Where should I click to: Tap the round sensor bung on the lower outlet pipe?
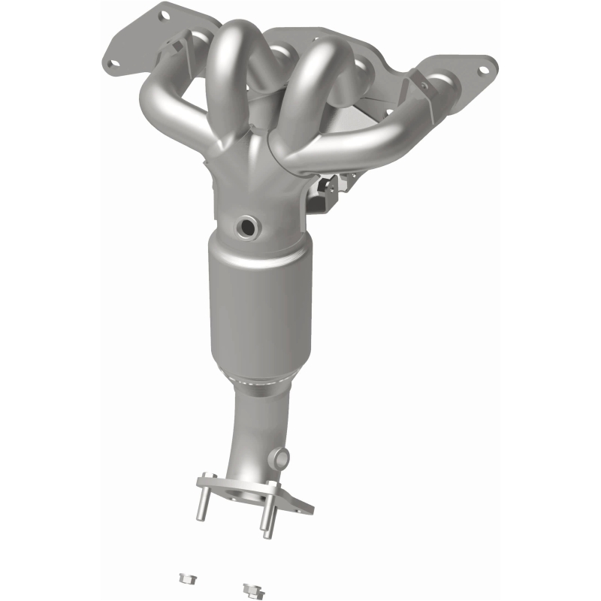click(281, 456)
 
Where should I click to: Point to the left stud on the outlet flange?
click(202, 502)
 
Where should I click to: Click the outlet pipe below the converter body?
click(259, 428)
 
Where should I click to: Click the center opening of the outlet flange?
click(244, 495)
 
